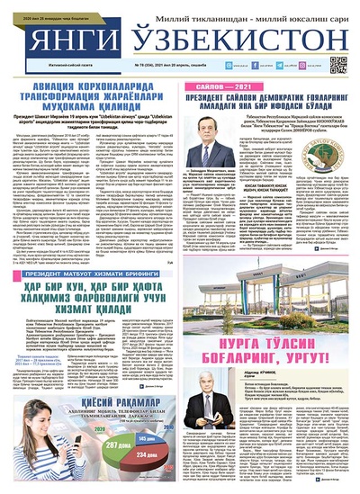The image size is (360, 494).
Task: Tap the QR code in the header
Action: point(337,65)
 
